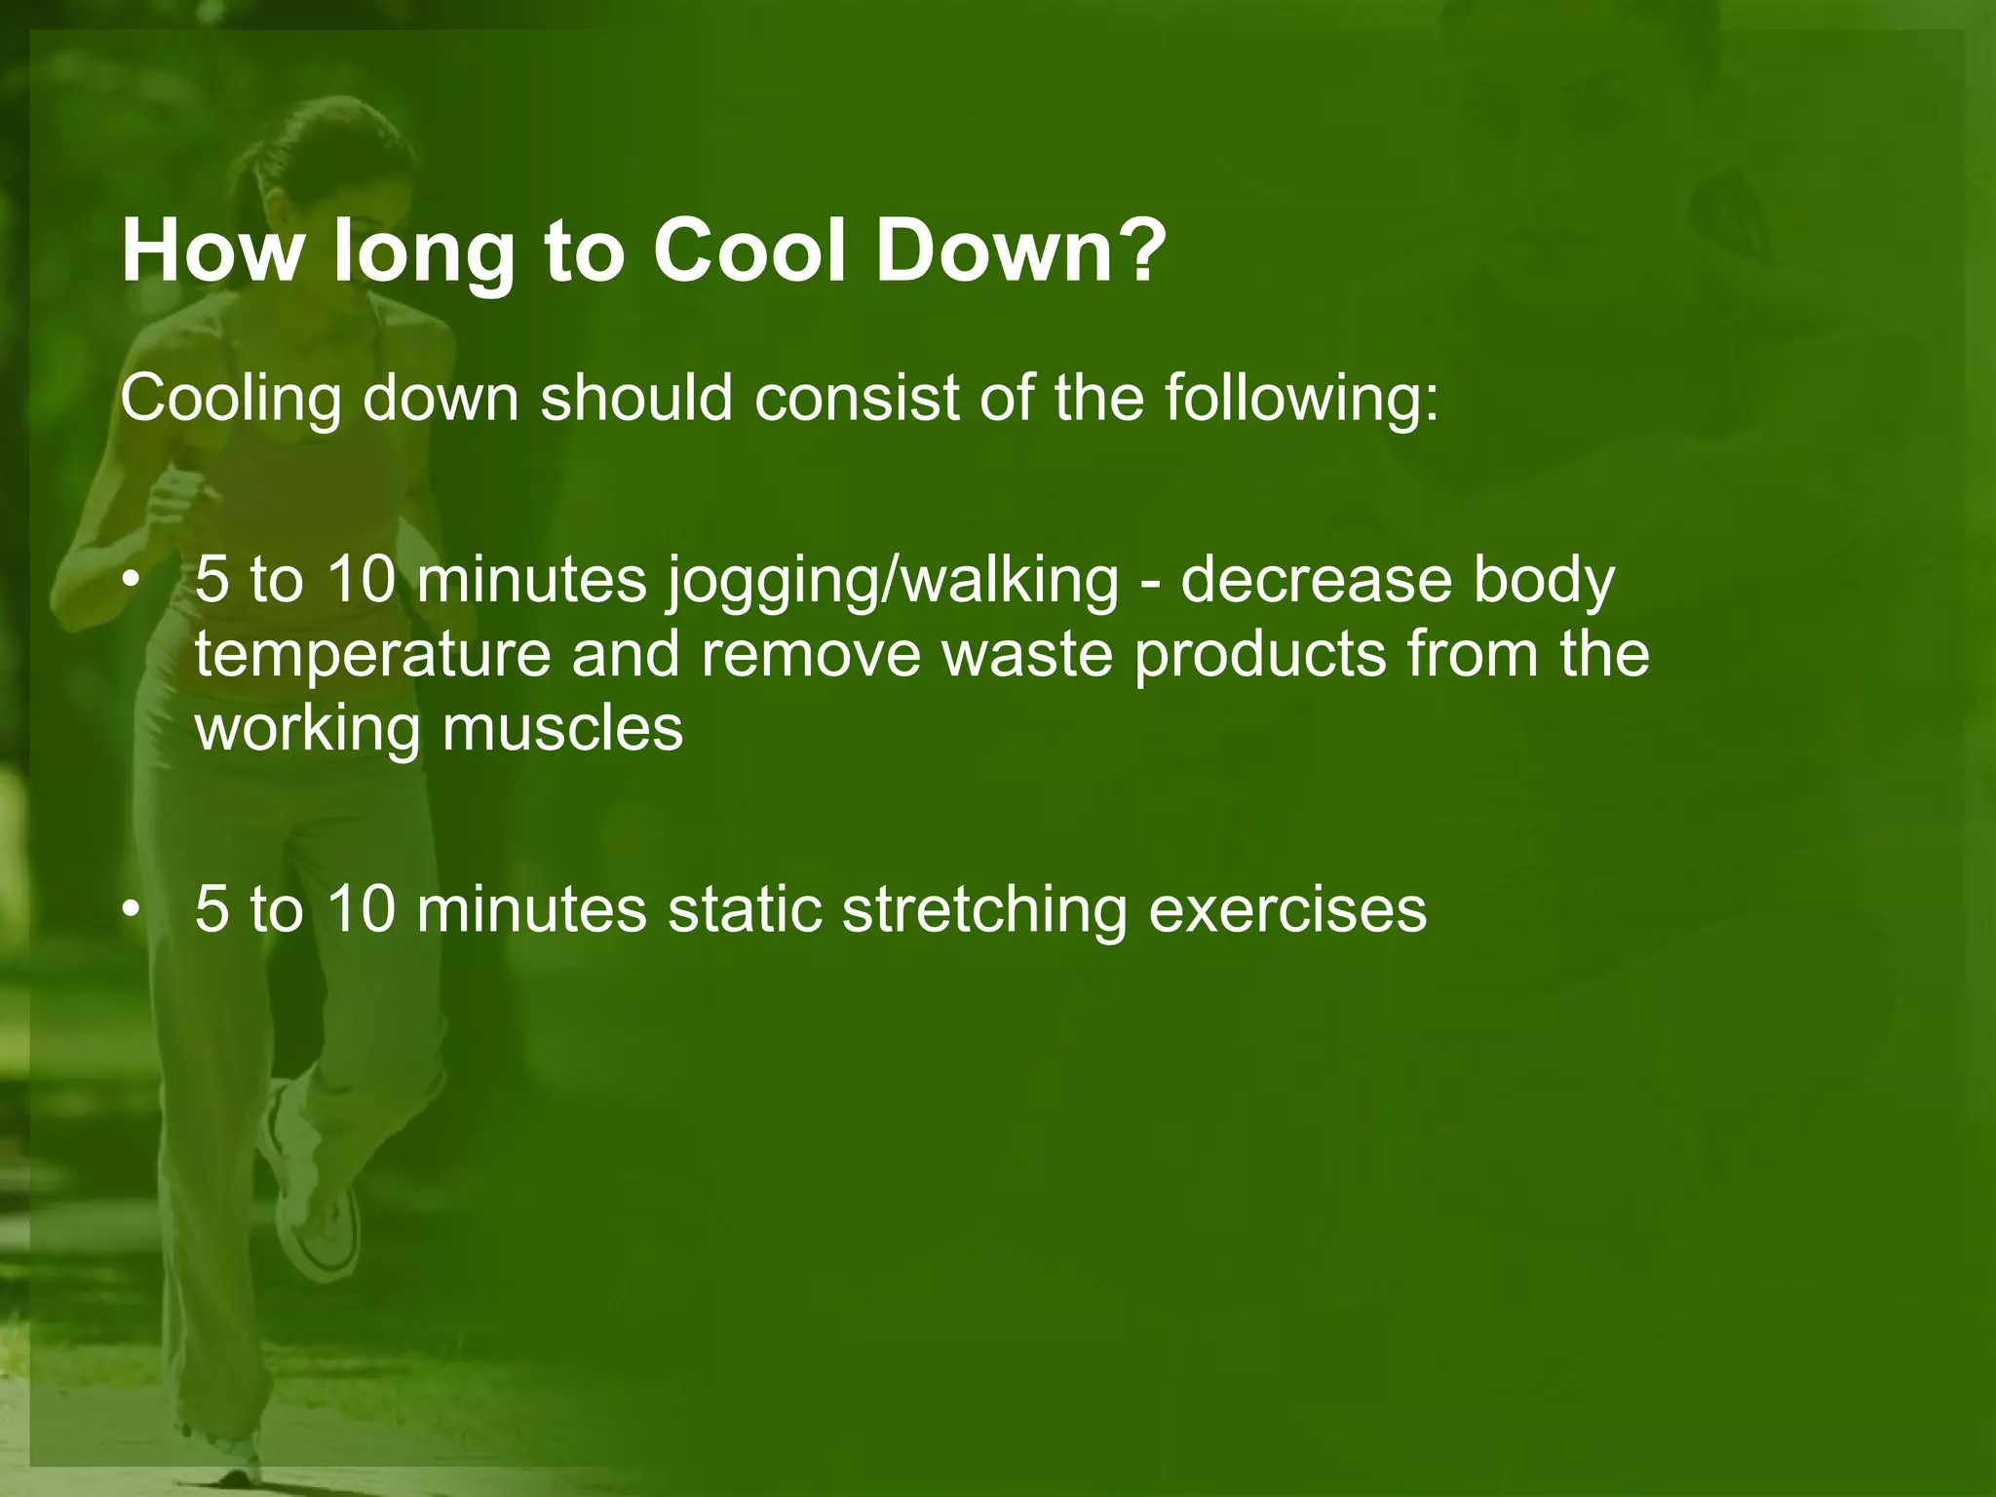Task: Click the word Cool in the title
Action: [750, 250]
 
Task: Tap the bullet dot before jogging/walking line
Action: [131, 582]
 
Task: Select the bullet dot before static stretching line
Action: [131, 910]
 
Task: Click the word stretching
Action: [984, 909]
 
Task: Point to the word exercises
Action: [1287, 909]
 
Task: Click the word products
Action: [1260, 656]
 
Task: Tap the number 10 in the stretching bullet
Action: [361, 909]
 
